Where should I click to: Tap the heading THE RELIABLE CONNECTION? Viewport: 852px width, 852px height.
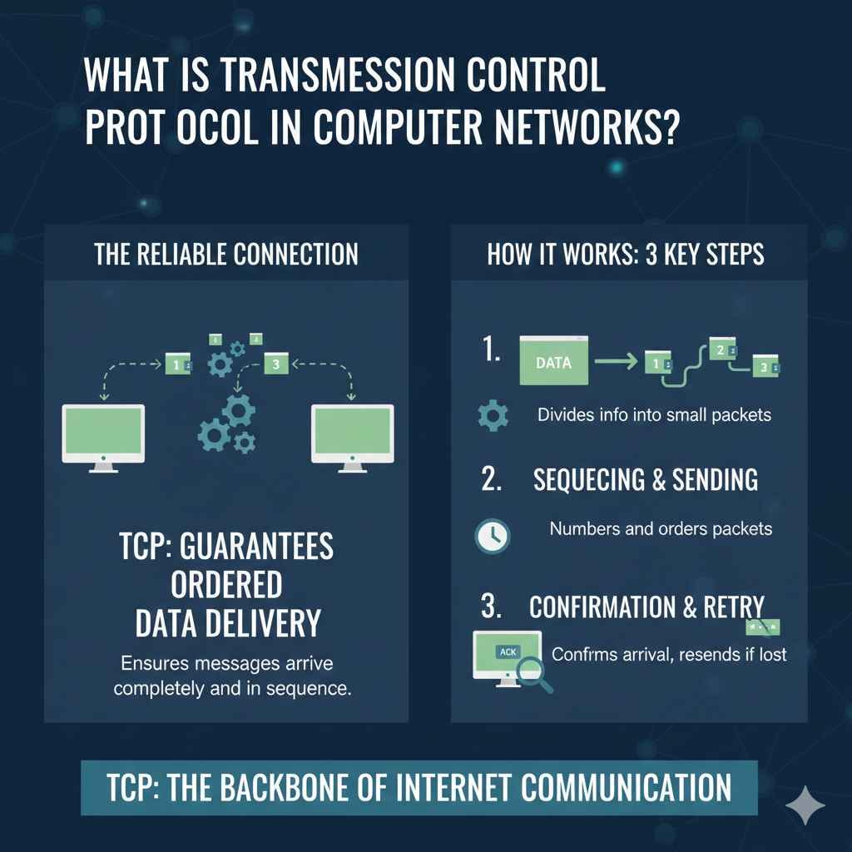click(226, 254)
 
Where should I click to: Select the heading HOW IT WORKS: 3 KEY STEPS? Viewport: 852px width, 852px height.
click(625, 254)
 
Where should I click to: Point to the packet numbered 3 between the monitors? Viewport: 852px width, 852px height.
click(275, 363)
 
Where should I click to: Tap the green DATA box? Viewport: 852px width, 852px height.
click(553, 361)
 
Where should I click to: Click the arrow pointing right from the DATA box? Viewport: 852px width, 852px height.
click(617, 361)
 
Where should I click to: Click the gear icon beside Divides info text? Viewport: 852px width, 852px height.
click(493, 414)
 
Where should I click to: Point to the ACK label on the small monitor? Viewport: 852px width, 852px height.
click(506, 652)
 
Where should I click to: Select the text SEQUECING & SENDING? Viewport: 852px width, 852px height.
click(645, 479)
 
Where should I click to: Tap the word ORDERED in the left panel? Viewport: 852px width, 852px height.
click(226, 585)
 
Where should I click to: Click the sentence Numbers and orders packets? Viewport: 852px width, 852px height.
click(661, 528)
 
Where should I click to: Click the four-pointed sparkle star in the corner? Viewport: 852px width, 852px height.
click(805, 806)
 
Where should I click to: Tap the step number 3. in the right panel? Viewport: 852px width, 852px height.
click(492, 606)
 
